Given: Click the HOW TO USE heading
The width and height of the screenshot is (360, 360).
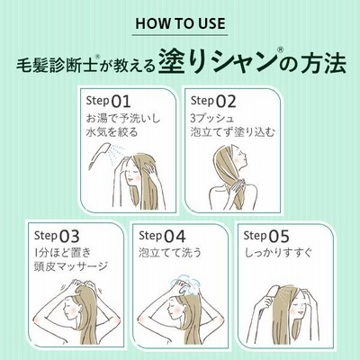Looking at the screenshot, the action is pos(180,23).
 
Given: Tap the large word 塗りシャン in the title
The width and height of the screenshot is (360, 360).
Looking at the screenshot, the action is pos(217,63).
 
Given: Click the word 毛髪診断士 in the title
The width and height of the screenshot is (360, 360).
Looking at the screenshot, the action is pos(57,65).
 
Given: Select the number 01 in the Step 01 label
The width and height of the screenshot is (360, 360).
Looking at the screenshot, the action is pos(121,102).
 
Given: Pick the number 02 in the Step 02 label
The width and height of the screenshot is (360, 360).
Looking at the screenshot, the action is pos(226,102).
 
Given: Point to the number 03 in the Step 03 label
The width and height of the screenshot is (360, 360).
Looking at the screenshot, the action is pos(69,236).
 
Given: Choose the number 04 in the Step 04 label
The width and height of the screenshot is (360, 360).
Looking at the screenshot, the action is pos(175,236).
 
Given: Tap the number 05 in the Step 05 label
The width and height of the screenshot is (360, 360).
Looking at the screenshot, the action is pos(279,236).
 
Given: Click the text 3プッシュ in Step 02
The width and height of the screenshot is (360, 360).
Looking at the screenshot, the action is pos(212,118).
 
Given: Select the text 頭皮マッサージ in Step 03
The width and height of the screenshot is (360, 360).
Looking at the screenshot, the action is pos(71,265).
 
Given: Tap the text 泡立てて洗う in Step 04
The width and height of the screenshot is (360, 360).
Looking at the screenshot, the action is pos(170,253).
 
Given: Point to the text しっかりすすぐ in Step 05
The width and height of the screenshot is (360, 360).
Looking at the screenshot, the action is pos(278,253).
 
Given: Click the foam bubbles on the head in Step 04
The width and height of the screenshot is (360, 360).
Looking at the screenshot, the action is pos(185,286).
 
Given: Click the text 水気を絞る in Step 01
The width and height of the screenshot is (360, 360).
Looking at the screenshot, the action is pos(112,132).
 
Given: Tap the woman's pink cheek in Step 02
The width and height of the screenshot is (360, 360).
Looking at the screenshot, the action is pos(237,159).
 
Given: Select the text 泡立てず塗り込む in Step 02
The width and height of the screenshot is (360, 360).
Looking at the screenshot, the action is pos(233,132).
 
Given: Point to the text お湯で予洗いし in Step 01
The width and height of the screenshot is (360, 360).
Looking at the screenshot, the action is pos(123,118).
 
